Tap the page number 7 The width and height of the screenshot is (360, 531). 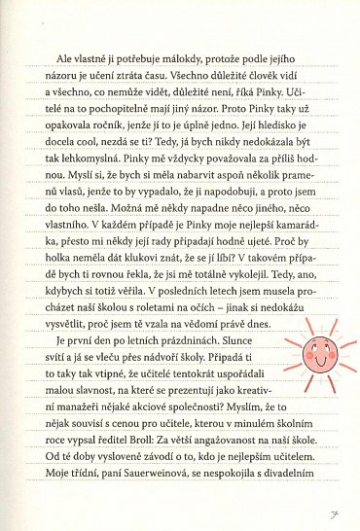333,509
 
